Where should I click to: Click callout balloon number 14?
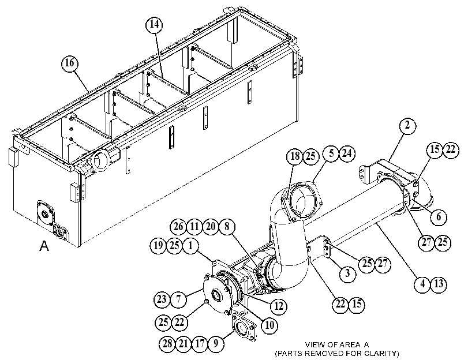tap(154, 24)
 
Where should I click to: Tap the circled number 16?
tap(70, 63)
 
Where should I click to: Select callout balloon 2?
tap(407, 126)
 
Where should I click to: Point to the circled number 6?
tap(439, 216)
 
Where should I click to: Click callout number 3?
tap(347, 273)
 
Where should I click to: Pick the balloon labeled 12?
tap(279, 306)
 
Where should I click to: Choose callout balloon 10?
tap(269, 325)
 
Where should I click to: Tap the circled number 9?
tap(215, 343)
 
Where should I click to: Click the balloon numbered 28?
tap(167, 343)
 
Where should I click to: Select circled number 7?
tap(178, 299)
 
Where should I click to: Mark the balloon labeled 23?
tap(162, 299)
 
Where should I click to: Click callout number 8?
tap(227, 227)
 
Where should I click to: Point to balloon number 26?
tap(178, 227)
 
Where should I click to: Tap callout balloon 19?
tap(158, 246)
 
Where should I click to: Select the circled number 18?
tap(295, 156)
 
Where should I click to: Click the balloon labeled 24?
tap(347, 153)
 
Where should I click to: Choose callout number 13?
tap(439, 284)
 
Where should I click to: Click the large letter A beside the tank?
tap(44, 246)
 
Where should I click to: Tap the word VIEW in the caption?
tap(314, 345)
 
